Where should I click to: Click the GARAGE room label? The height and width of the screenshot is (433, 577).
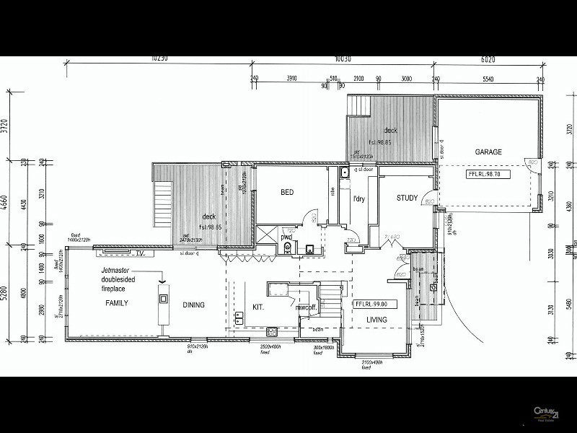point(488,152)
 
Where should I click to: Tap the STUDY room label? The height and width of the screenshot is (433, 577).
point(408,198)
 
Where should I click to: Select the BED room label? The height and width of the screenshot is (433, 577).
point(286,193)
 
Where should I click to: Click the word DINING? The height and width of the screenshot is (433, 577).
point(193,305)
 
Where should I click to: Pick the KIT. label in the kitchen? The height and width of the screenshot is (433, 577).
point(259,307)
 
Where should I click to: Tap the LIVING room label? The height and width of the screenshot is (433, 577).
point(376,320)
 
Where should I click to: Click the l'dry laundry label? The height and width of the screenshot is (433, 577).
point(358,198)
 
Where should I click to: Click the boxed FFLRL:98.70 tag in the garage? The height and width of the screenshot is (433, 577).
point(489,175)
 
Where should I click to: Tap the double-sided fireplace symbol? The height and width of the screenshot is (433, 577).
point(164,298)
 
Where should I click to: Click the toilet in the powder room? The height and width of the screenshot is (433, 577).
point(288,248)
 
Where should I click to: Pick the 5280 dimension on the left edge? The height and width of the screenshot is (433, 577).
point(6,294)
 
